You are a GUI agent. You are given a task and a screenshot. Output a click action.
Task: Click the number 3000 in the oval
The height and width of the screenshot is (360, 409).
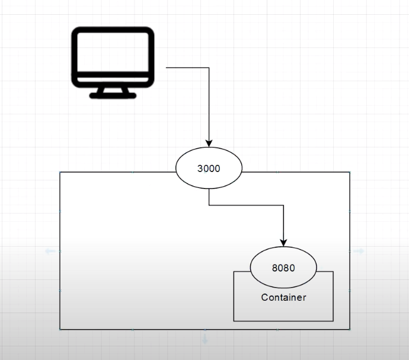click(x=209, y=168)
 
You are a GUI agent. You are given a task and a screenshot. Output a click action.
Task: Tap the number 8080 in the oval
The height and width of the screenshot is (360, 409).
click(x=283, y=267)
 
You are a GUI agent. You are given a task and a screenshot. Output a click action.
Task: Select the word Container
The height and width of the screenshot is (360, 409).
click(x=283, y=297)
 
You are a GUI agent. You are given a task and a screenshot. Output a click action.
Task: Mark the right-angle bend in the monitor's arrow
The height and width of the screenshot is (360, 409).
click(x=209, y=68)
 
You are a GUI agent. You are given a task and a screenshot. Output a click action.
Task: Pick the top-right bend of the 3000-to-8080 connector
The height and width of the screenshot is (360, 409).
click(x=283, y=206)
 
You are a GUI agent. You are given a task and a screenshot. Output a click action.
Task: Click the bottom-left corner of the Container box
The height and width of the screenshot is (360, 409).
click(x=234, y=321)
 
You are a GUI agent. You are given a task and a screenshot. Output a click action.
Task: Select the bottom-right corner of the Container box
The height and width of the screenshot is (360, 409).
click(x=333, y=321)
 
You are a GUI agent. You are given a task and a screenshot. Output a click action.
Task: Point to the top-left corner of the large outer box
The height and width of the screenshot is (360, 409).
click(x=60, y=172)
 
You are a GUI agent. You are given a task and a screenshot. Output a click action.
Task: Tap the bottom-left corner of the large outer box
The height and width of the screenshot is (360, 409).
click(x=60, y=329)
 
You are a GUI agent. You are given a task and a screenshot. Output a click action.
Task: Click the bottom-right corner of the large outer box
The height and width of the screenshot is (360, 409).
click(x=350, y=329)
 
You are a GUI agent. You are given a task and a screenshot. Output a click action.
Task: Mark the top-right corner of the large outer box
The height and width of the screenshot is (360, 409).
click(x=350, y=172)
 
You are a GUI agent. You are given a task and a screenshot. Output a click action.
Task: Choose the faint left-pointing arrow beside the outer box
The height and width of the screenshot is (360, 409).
click(x=50, y=251)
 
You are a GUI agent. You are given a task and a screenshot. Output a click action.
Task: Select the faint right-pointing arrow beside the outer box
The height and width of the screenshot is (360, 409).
click(x=359, y=251)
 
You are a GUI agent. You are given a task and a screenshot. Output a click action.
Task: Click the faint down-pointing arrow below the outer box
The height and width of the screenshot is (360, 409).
click(x=205, y=339)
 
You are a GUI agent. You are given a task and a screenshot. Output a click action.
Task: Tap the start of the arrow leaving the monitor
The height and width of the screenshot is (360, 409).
click(x=167, y=68)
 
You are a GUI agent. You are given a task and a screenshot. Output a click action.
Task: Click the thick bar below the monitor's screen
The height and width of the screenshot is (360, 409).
click(x=113, y=78)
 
